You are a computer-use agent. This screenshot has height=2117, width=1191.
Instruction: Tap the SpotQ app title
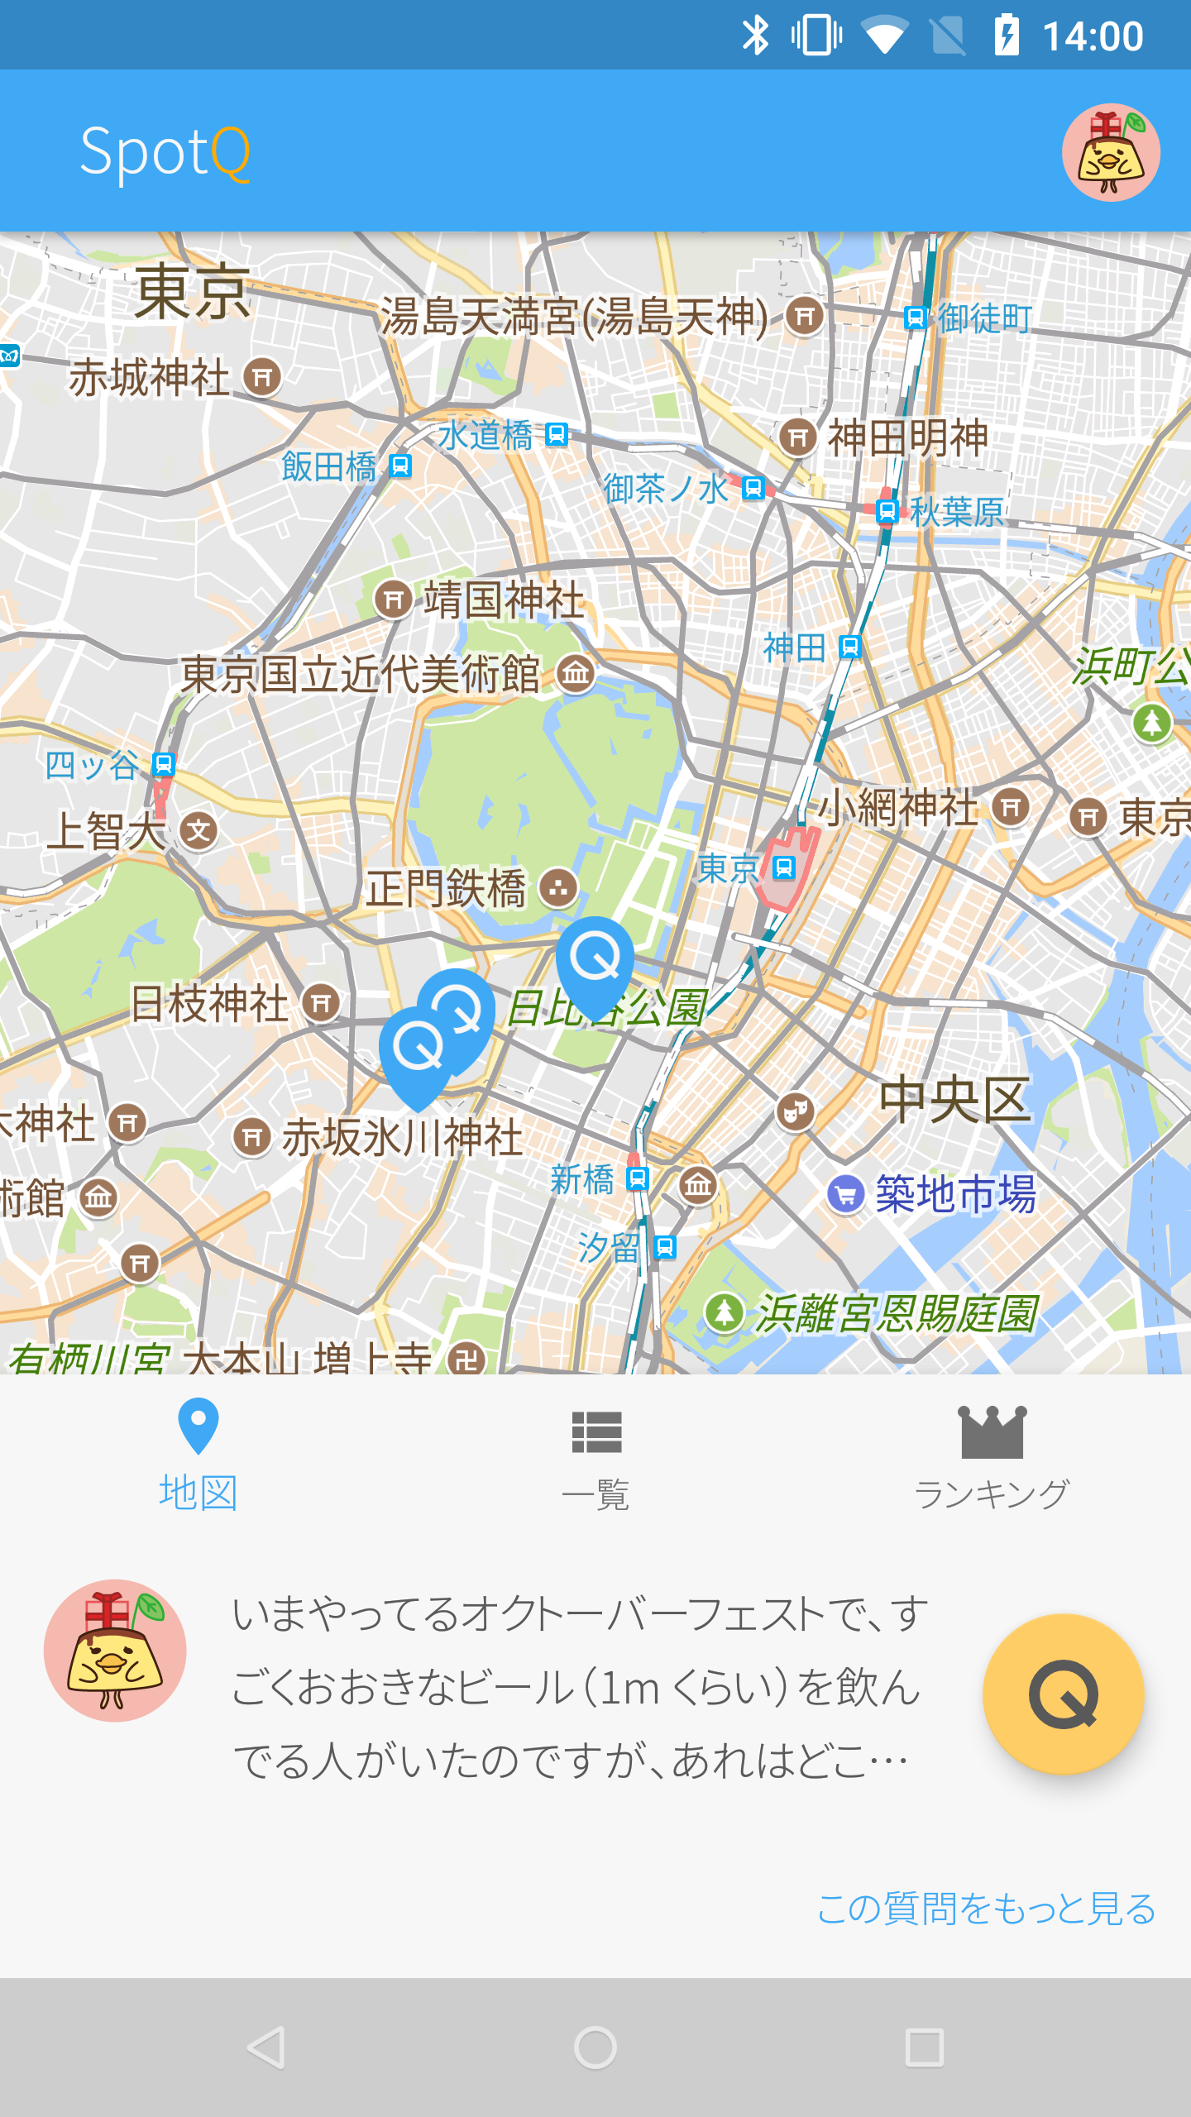(165, 152)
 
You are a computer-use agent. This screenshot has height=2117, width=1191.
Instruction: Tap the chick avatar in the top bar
(1111, 152)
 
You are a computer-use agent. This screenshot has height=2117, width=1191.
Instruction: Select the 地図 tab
(198, 1455)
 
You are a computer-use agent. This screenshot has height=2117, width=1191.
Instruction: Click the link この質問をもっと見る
(986, 1909)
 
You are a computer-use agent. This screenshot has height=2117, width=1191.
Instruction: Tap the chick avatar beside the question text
(115, 1651)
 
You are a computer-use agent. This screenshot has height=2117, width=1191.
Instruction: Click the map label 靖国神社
(504, 600)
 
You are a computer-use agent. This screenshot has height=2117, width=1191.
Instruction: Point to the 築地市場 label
(955, 1194)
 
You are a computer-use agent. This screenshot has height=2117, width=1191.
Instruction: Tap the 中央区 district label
(954, 1100)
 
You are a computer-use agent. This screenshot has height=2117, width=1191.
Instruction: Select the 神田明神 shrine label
(907, 437)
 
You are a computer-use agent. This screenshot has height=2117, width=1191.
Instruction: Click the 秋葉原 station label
(957, 512)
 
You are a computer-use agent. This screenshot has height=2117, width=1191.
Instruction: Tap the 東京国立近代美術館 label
(361, 674)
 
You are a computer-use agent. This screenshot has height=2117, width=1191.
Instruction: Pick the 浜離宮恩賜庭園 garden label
(896, 1313)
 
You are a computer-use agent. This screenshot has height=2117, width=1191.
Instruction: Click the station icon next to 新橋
(638, 1179)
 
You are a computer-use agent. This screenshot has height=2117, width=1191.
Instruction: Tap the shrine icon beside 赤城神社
(263, 378)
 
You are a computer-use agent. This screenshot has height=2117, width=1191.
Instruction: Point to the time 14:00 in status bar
(1093, 36)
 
